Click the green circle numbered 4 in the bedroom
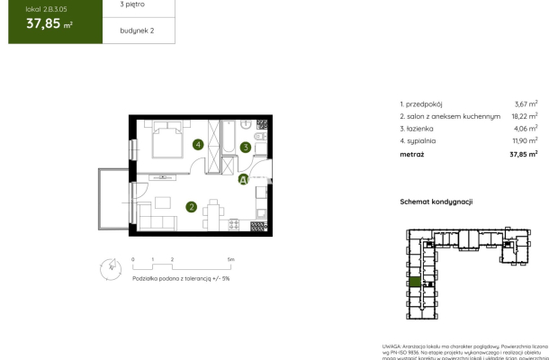[197, 144]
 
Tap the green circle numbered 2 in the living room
[192, 207]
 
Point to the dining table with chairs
[212, 213]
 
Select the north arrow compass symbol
[110, 265]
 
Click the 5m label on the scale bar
[231, 259]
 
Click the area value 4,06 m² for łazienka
[525, 128]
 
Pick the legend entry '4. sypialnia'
[421, 140]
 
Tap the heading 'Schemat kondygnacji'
[436, 202]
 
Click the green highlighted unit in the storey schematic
[414, 283]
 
